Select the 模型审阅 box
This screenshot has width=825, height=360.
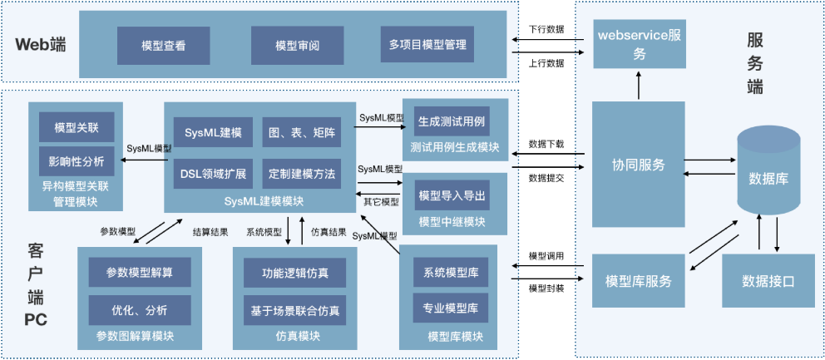point(297,47)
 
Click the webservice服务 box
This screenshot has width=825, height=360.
point(640,45)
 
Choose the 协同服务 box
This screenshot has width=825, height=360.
point(639,164)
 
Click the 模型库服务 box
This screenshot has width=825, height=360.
point(639,280)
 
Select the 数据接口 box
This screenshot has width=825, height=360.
point(768,281)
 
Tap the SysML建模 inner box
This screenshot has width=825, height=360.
point(213,133)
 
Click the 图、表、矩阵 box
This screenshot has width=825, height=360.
point(301,133)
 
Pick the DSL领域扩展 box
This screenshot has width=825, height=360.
point(213,175)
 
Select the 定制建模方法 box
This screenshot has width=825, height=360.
point(301,175)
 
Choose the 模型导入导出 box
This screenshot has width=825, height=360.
point(452,196)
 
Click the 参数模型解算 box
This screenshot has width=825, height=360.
point(140,272)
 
